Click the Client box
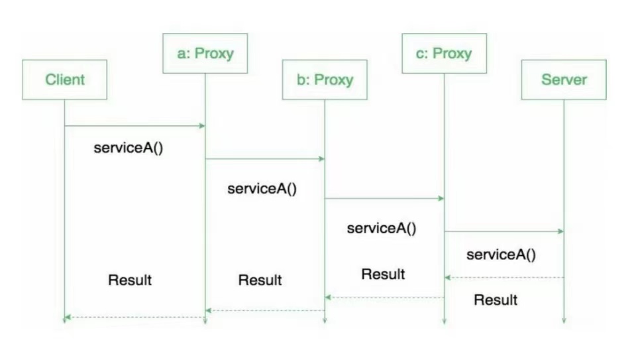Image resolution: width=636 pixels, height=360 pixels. tap(64, 80)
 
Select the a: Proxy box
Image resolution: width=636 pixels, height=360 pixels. tap(205, 53)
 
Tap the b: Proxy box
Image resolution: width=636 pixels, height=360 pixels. tap(325, 80)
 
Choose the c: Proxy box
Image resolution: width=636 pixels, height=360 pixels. tap(444, 53)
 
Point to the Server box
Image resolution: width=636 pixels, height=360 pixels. tap(564, 80)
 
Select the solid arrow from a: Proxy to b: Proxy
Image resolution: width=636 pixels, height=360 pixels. tap(265, 158)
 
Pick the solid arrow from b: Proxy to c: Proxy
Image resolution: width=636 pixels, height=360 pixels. tap(384, 198)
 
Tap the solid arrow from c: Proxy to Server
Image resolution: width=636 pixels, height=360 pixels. tap(503, 231)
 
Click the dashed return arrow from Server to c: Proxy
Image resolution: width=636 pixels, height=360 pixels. tap(504, 278)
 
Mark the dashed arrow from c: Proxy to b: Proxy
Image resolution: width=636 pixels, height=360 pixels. tap(384, 298)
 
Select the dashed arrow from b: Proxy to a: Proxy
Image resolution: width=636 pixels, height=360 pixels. tap(265, 310)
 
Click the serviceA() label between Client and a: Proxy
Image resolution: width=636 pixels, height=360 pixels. tap(129, 147)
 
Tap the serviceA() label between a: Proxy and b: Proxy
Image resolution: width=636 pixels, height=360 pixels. tap(262, 188)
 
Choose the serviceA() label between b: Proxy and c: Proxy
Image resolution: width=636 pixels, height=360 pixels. tap(382, 229)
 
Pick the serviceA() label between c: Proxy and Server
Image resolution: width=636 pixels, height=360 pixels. tap(502, 254)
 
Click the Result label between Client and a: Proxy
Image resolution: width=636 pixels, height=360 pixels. tap(130, 280)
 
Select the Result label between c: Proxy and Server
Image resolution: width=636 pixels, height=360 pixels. tap(496, 300)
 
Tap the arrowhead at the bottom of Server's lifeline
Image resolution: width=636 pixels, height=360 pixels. tap(564, 320)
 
